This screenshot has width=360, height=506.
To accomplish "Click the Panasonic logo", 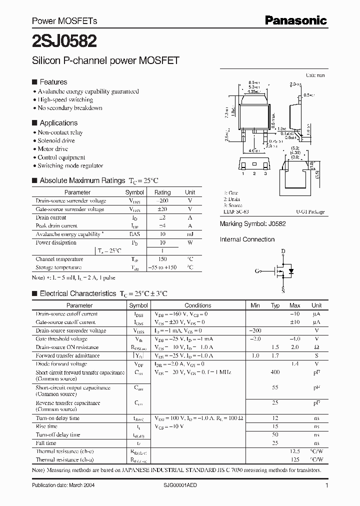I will tap(295, 20).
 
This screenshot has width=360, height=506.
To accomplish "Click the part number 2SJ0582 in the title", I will tap(64, 40).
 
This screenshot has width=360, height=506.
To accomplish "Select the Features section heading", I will tap(53, 82).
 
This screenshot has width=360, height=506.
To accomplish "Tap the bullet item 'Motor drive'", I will tap(53, 149).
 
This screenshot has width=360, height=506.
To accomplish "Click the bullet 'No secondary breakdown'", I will tap(70, 108).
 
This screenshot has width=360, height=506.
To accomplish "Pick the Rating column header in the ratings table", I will tap(162, 192).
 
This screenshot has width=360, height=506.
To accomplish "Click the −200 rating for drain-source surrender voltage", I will tap(162, 200).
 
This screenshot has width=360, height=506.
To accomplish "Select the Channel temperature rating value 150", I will tap(162, 259).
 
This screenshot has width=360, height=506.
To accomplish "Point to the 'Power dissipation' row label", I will tap(56, 242).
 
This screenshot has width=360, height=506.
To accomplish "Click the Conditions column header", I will tap(198, 305).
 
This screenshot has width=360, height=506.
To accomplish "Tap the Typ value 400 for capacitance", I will tap(275, 373).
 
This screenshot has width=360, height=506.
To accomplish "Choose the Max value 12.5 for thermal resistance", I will tap(295, 451).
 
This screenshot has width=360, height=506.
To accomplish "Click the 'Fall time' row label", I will tap(46, 443).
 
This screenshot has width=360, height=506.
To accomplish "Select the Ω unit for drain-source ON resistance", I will tap(316, 347).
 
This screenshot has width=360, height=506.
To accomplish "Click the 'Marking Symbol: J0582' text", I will tap(253, 224).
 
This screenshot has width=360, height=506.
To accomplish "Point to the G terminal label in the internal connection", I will tap(256, 271).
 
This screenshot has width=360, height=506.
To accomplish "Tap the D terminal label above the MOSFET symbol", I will tap(282, 251).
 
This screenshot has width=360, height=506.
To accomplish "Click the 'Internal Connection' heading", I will tap(247, 239).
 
